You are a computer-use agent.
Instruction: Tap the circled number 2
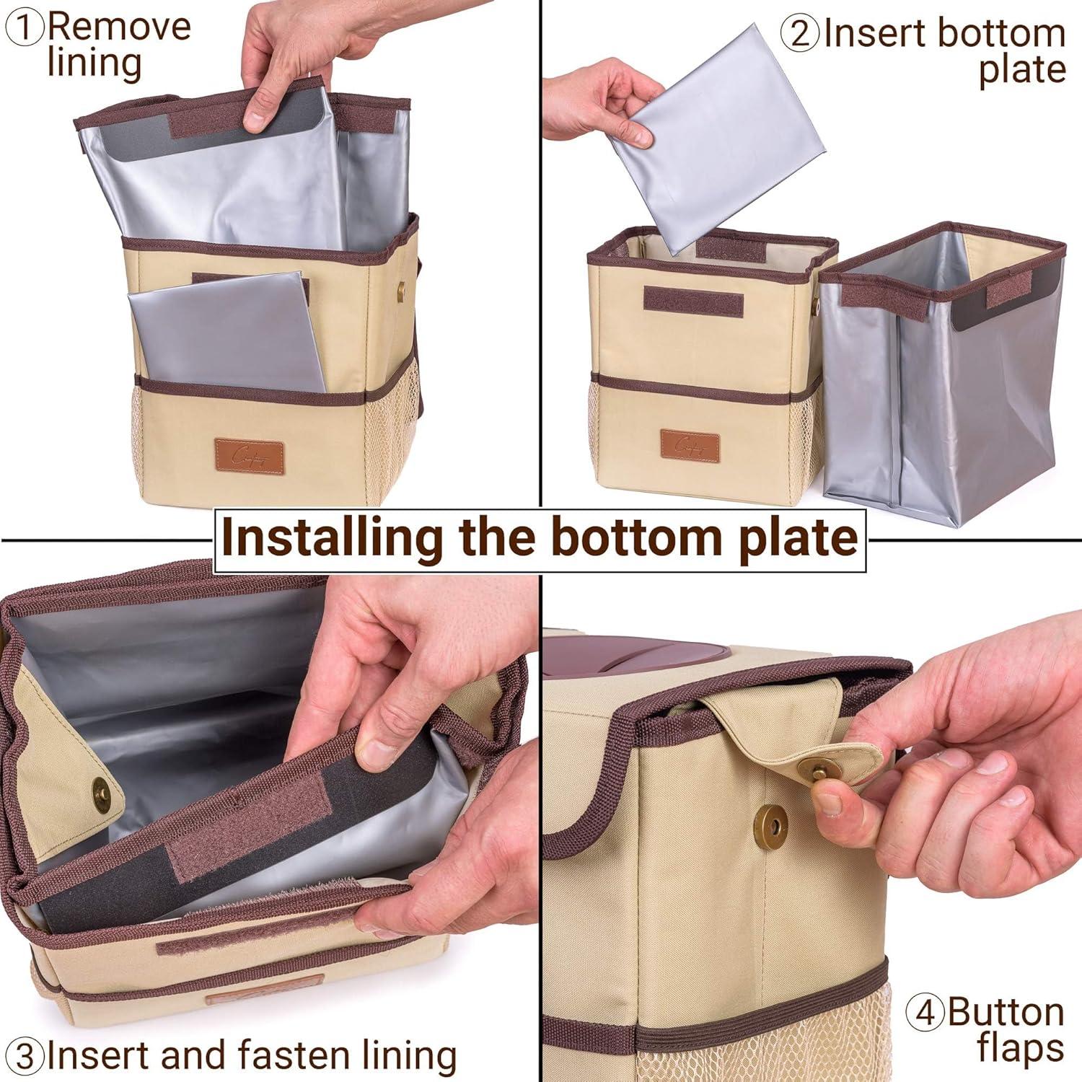pyautogui.click(x=800, y=34)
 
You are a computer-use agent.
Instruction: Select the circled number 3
pyautogui.click(x=26, y=1056)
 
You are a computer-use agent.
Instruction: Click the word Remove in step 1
pyautogui.click(x=120, y=27)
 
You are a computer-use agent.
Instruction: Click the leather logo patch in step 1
pyautogui.click(x=248, y=457)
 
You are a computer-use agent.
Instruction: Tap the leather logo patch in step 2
pyautogui.click(x=690, y=446)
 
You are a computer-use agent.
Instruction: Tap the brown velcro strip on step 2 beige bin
pyautogui.click(x=692, y=302)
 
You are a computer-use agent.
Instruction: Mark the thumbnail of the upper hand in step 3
pyautogui.click(x=376, y=755)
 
